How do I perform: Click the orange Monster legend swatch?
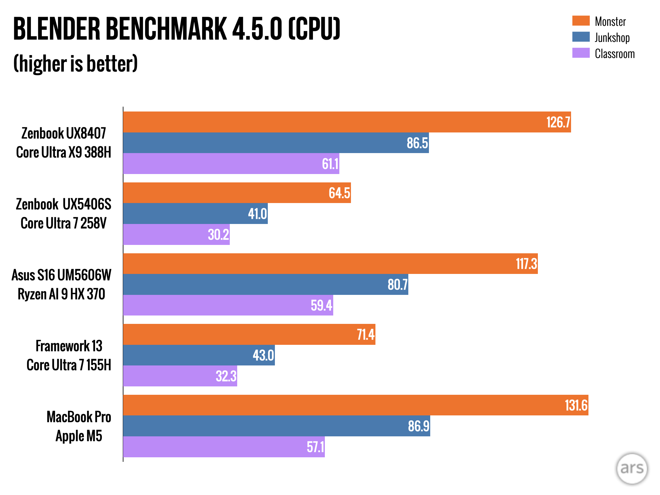581,21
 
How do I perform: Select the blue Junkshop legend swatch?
581,37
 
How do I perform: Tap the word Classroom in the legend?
615,54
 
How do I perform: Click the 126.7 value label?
558,122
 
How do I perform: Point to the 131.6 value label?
576,405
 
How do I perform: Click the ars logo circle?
632,469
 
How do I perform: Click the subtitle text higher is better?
75,63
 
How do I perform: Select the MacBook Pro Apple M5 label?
79,426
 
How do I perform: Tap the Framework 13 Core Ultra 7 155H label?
69,355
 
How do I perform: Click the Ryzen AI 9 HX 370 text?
61,294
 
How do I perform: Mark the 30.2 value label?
218,235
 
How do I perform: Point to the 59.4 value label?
321,305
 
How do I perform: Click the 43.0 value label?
263,355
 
